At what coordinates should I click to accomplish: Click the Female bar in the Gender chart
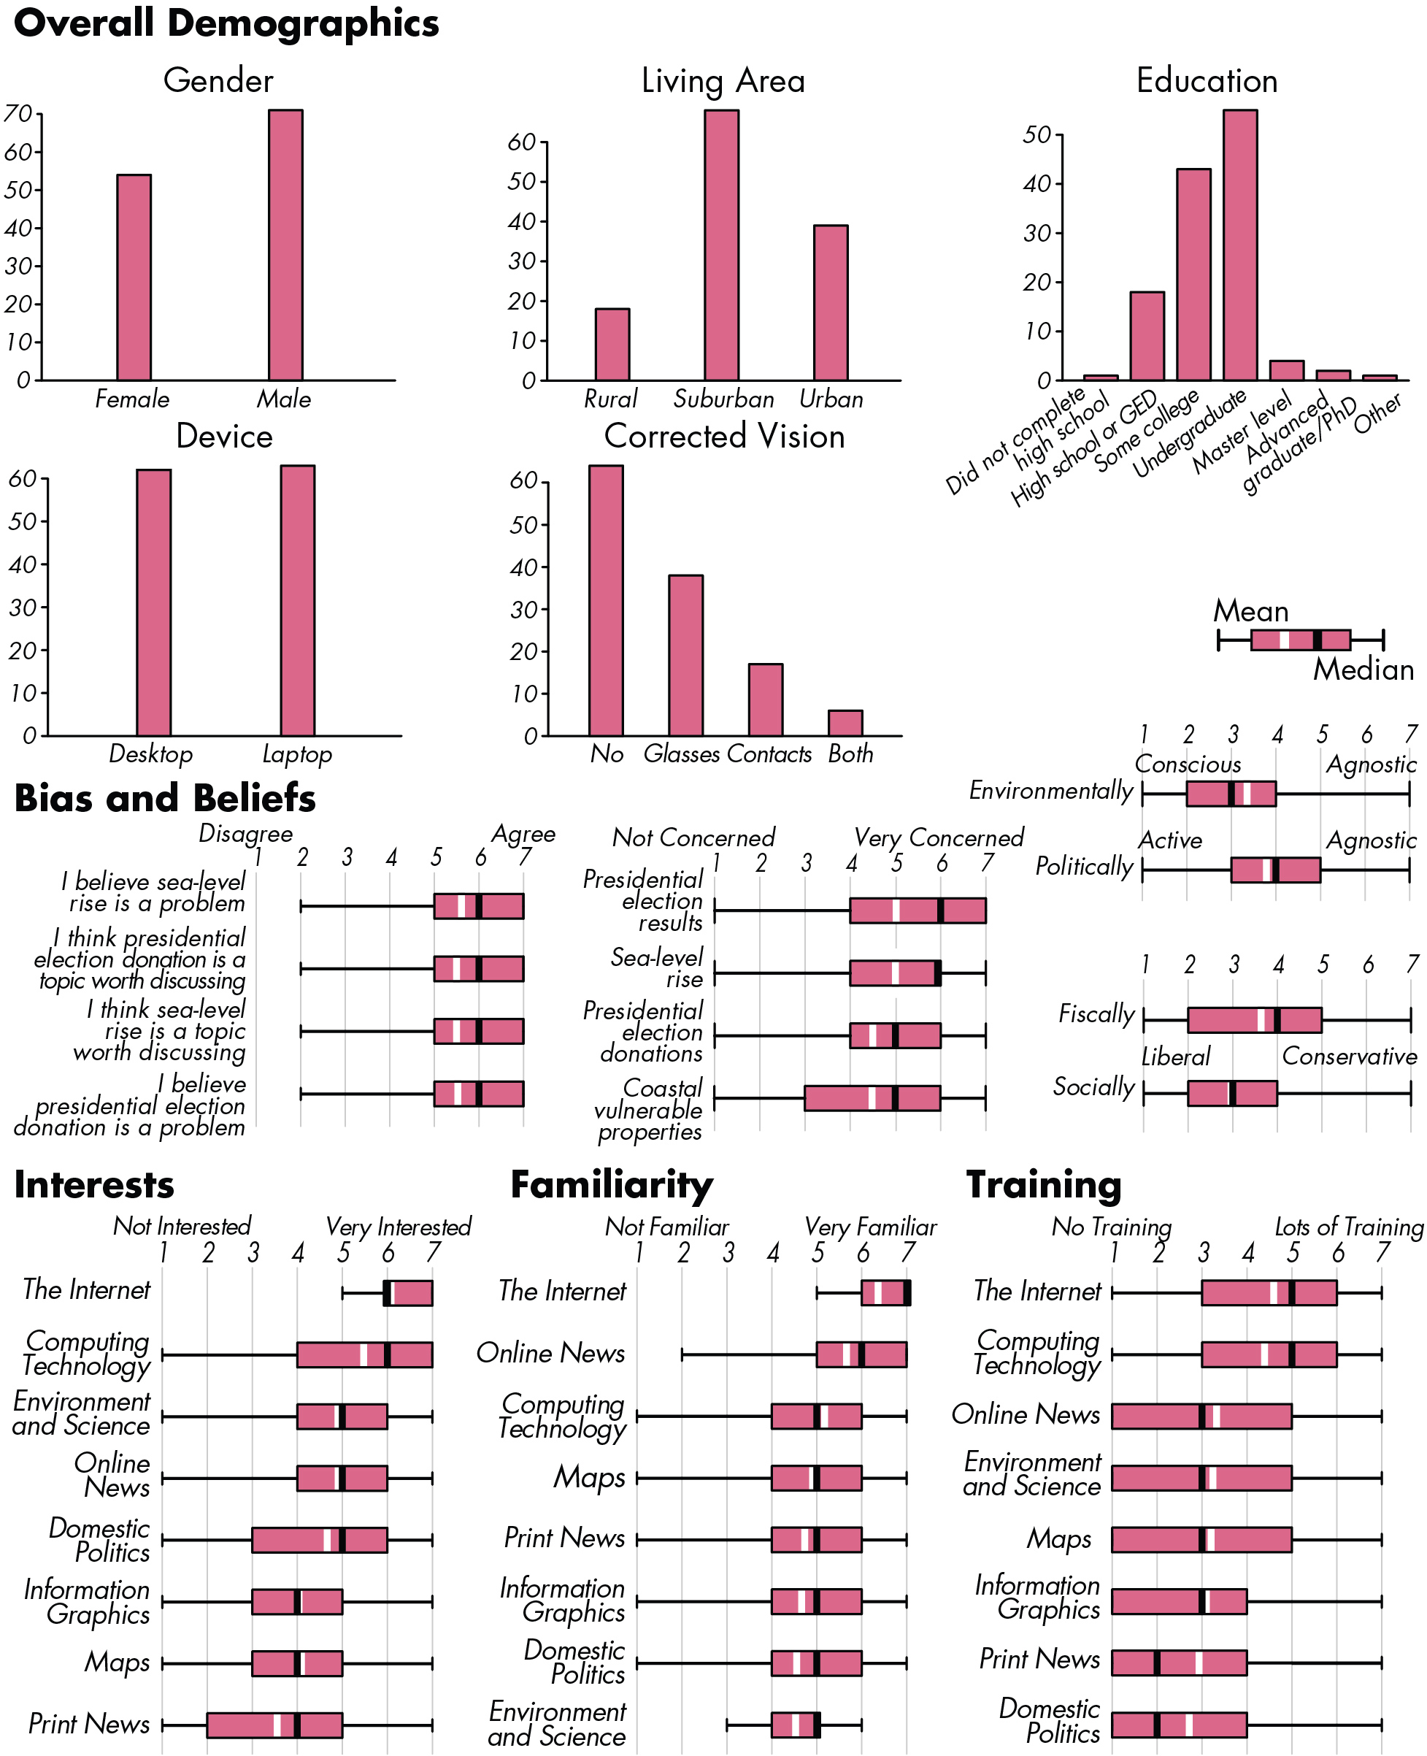(134, 277)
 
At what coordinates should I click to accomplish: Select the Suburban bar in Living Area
(722, 245)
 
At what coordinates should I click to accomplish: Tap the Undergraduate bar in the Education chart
(1240, 245)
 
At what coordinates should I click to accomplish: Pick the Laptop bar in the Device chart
(298, 600)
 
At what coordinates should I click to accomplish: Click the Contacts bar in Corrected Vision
(765, 699)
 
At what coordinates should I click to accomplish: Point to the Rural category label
(610, 399)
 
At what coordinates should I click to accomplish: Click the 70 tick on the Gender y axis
(18, 113)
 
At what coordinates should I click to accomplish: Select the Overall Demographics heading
(227, 23)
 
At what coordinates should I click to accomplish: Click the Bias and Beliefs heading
(165, 798)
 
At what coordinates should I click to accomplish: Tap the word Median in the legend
(1363, 670)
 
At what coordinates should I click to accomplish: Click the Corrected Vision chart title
(724, 436)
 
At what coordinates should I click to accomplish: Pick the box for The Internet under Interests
(409, 1293)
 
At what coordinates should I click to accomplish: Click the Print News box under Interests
(274, 1725)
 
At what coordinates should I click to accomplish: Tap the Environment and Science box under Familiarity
(796, 1725)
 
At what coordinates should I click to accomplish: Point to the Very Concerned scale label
(939, 837)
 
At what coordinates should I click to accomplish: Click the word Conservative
(1350, 1057)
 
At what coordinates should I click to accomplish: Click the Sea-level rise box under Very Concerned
(895, 973)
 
